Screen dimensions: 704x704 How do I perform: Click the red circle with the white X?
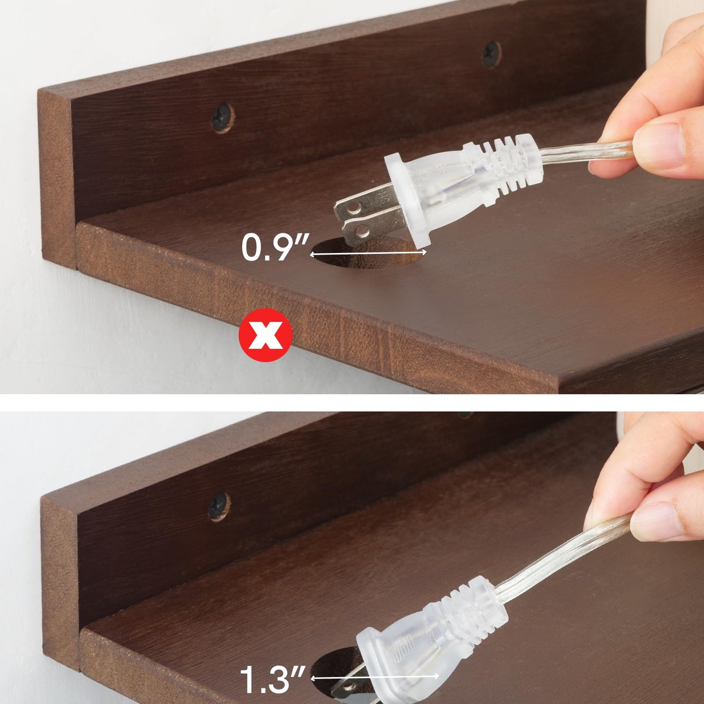pos(265,335)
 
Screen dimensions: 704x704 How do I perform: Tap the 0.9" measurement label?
pos(275,248)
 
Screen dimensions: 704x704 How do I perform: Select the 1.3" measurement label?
pos(272,679)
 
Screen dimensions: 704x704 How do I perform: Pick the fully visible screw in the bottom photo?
pos(219,505)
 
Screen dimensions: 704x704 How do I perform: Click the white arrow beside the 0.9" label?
pos(368,253)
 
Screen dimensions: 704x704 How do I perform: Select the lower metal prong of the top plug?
pos(371,225)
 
